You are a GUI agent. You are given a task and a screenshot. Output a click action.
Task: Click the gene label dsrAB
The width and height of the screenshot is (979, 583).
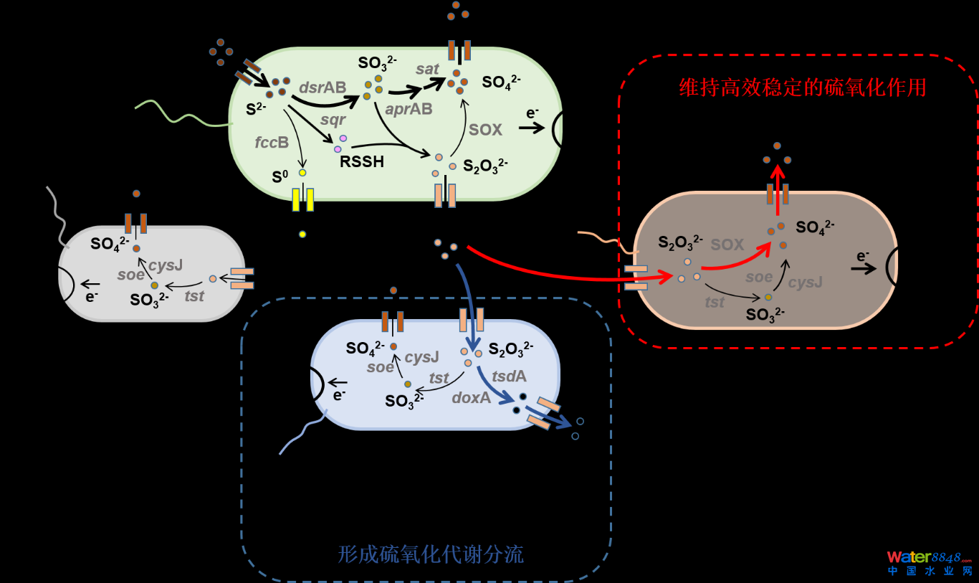tap(322, 87)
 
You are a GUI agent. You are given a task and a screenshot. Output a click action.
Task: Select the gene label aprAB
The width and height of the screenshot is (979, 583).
tap(409, 108)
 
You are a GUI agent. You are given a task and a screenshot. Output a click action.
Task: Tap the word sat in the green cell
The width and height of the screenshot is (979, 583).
tap(427, 69)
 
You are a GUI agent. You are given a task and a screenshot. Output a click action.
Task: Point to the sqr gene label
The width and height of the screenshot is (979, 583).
tap(333, 119)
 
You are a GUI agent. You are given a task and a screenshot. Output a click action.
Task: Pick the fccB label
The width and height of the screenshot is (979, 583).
tap(272, 142)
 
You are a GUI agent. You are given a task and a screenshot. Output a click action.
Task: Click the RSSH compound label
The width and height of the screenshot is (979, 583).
tap(361, 161)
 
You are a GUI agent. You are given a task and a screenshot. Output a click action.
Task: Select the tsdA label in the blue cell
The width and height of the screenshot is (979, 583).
tap(509, 376)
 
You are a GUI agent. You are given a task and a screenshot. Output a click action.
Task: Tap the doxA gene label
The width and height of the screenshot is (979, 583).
tap(471, 397)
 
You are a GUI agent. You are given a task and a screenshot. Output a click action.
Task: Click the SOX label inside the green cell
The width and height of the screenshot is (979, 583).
tap(485, 130)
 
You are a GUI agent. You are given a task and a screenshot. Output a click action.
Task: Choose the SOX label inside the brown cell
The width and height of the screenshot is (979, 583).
tap(727, 245)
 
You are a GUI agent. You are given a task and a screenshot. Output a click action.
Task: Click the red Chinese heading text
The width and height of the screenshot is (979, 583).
tap(803, 87)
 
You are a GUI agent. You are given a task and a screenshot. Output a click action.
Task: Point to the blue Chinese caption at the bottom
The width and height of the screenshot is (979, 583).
tap(430, 554)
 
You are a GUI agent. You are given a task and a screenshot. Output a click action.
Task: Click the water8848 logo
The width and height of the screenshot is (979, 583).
tap(929, 562)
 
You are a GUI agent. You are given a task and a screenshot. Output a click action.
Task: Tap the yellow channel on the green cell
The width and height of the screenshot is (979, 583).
tap(302, 199)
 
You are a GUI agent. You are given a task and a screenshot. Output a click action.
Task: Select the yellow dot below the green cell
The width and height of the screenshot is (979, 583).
tap(302, 234)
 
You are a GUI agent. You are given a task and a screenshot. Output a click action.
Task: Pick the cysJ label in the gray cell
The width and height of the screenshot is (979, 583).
tap(166, 265)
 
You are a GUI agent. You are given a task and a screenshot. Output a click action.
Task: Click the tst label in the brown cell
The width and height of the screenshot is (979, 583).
tap(714, 303)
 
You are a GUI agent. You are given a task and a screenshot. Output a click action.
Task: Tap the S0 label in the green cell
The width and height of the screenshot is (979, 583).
tap(280, 175)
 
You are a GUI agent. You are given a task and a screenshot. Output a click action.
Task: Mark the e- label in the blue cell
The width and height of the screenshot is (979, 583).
tap(339, 394)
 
